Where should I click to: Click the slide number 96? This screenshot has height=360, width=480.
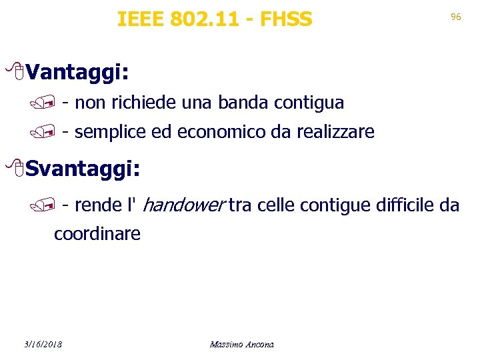456,17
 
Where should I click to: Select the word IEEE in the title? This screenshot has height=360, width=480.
141,19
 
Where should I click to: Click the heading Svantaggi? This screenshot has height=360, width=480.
85,169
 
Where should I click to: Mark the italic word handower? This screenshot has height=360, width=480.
183,205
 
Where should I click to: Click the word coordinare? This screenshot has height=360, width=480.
97,234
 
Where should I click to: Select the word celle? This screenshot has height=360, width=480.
273,205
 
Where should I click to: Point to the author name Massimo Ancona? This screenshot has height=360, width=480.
241,345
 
